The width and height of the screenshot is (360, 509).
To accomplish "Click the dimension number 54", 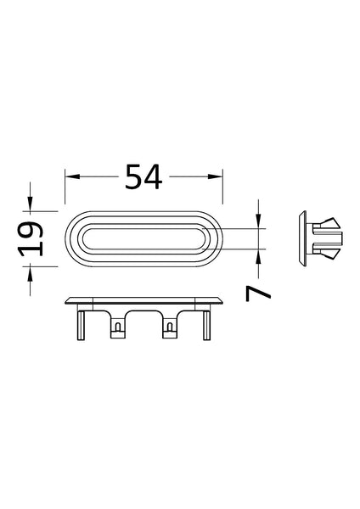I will [x=143, y=176].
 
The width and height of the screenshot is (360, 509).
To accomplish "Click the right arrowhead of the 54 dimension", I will [x=217, y=176].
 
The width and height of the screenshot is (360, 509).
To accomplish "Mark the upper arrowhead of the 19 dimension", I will [x=31, y=204].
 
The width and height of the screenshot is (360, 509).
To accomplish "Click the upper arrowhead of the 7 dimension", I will [x=259, y=223].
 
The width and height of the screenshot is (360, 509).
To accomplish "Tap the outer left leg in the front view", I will [x=82, y=323].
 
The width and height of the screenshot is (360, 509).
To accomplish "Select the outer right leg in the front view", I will [x=205, y=323].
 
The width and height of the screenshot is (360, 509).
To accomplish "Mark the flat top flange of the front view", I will [x=144, y=300].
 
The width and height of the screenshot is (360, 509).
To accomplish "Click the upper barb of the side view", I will [x=328, y=227].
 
